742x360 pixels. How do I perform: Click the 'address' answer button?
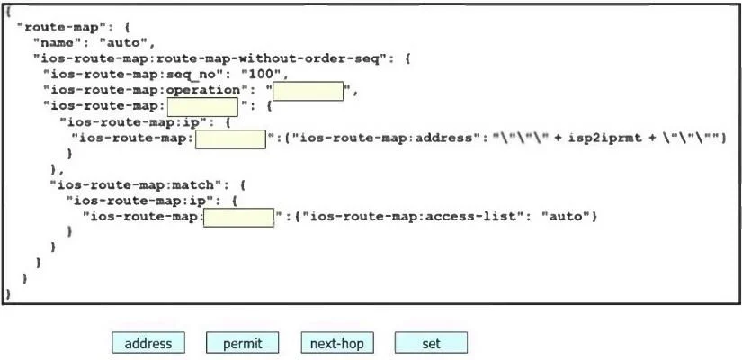point(148,343)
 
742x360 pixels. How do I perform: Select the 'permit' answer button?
point(242,343)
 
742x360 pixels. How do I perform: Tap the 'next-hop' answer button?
point(337,343)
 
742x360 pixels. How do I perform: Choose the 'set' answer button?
point(431,343)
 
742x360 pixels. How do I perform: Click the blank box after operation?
point(308,91)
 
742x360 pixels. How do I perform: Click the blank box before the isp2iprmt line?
point(230,139)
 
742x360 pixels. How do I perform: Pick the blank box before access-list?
point(239,218)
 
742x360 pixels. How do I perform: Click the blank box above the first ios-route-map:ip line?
point(202,106)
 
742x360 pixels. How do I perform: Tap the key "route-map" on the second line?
point(62,26)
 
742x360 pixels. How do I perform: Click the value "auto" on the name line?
point(123,43)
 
